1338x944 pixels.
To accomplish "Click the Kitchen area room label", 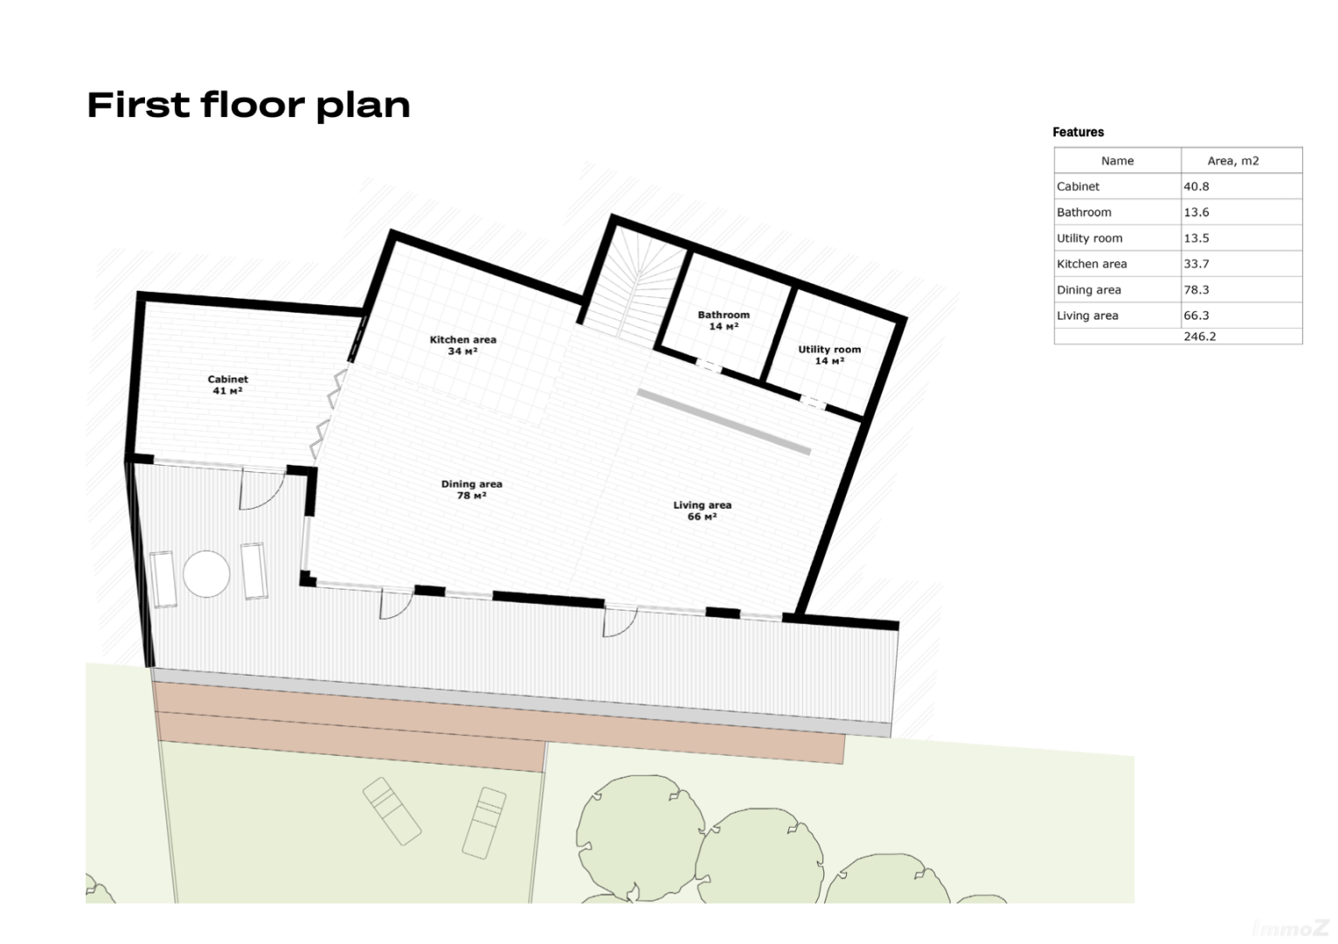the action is coord(463,345).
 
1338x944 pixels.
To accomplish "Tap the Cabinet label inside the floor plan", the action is coord(227,385).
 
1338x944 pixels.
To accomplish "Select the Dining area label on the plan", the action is coord(471,490).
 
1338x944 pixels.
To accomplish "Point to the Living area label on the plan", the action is coord(702,510).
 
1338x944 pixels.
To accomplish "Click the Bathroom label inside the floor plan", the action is coord(724,320).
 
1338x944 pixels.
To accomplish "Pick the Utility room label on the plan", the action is coord(829,355).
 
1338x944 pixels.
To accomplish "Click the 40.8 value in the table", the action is coord(1196,186).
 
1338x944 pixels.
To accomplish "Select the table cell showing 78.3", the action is coord(1196,290).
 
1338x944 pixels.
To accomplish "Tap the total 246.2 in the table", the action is coord(1199,337).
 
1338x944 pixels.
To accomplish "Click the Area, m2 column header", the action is coord(1233,161).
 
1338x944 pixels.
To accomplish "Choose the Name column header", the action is coord(1117,161).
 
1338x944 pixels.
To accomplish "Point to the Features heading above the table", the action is coord(1078,132).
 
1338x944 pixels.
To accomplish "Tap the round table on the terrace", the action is coord(206,573).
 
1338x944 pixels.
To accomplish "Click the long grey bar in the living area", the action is coord(724,422).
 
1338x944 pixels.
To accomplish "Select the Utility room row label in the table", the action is coord(1090,239).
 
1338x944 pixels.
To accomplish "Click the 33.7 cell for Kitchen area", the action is coord(1196,264).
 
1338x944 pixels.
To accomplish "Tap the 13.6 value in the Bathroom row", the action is coord(1196,212).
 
